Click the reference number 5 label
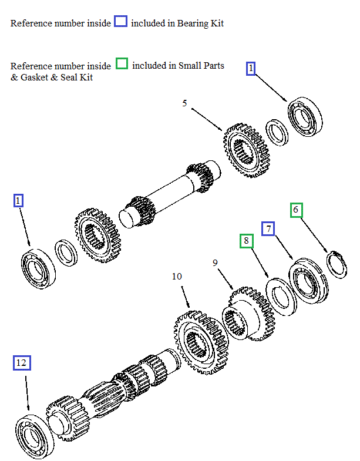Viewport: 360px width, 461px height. tap(184, 103)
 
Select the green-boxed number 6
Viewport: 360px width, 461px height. tap(296, 210)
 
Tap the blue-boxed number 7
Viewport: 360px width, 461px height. tap(268, 228)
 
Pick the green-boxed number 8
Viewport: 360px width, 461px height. tap(247, 241)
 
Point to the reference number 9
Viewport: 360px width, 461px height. tap(216, 263)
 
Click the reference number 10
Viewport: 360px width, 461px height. tap(177, 276)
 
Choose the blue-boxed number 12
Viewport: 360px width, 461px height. tap(21, 363)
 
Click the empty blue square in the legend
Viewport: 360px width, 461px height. tap(120, 22)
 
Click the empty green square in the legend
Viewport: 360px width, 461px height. tap(122, 63)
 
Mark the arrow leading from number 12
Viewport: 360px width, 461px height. tap(26, 393)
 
